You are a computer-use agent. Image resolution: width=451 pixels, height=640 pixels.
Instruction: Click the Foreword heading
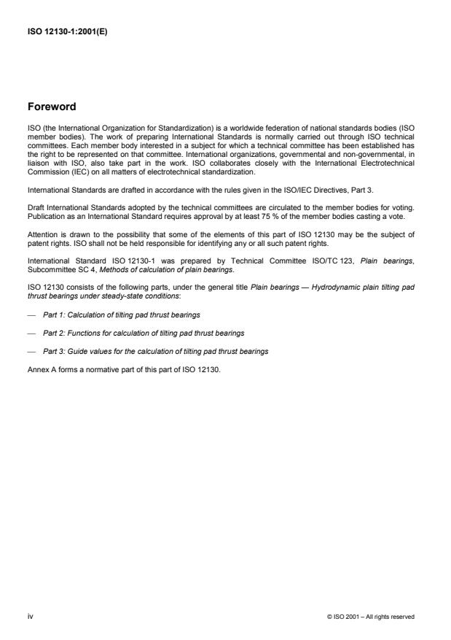(x=50, y=107)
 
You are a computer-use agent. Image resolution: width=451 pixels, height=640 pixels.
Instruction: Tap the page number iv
(x=30, y=616)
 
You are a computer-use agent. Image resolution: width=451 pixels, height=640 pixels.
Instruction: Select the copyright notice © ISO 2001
(x=371, y=617)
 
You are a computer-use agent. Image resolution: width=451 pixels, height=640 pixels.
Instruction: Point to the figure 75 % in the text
(x=290, y=217)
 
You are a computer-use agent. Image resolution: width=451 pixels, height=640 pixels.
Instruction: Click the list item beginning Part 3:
(x=154, y=351)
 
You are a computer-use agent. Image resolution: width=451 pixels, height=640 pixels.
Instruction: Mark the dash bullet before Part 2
(x=31, y=333)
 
